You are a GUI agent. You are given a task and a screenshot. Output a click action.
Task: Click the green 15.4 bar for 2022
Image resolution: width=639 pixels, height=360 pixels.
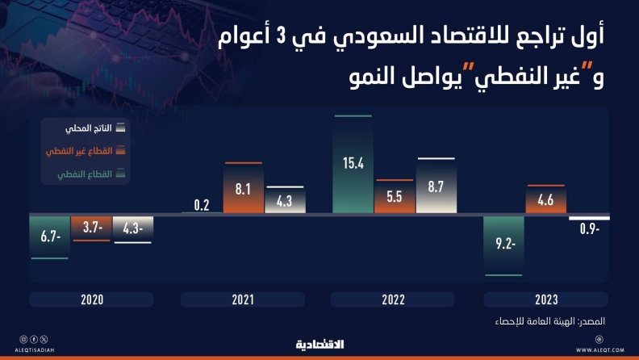353,165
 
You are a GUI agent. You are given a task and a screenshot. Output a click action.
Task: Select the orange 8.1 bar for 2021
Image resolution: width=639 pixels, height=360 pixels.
244,187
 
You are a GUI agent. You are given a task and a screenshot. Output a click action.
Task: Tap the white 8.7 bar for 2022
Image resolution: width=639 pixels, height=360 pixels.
436,186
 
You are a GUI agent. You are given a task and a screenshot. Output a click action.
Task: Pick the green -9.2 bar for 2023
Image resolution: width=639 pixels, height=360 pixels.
503,246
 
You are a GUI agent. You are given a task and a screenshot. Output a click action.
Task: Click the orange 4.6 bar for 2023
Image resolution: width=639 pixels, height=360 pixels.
546,199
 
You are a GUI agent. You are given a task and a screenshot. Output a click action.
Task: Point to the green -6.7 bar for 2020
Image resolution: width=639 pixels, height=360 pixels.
50,237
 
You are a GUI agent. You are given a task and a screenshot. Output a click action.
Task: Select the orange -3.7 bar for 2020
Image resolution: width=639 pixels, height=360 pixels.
91,228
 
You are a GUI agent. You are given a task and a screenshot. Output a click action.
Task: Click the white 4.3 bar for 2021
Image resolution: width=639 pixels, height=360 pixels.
286,199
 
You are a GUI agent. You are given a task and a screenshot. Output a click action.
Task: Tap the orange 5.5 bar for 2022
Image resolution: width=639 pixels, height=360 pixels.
395,196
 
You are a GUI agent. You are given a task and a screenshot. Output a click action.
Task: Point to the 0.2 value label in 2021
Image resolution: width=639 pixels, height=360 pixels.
202,205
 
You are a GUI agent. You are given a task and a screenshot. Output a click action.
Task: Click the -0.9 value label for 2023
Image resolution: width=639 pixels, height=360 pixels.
590,228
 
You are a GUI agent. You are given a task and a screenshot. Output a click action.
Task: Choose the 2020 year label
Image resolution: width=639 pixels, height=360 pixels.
92,299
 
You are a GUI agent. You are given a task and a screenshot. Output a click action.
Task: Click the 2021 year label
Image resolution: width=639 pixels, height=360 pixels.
243,299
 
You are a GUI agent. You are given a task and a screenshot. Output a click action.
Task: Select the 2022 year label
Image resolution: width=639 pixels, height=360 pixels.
393,299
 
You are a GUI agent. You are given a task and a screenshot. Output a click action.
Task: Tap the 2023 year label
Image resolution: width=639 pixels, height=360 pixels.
546,299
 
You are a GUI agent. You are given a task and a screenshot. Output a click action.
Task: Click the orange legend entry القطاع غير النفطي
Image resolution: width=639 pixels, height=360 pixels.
86,151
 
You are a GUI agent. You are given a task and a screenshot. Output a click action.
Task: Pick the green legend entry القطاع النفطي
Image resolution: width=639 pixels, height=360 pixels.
91,174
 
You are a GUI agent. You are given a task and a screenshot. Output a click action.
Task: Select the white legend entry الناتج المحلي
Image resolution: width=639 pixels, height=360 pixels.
95,128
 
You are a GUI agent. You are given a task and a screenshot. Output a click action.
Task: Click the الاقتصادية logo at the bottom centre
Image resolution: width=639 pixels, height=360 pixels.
320,345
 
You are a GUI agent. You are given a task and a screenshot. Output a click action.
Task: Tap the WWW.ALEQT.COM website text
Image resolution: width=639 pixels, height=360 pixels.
600,350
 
